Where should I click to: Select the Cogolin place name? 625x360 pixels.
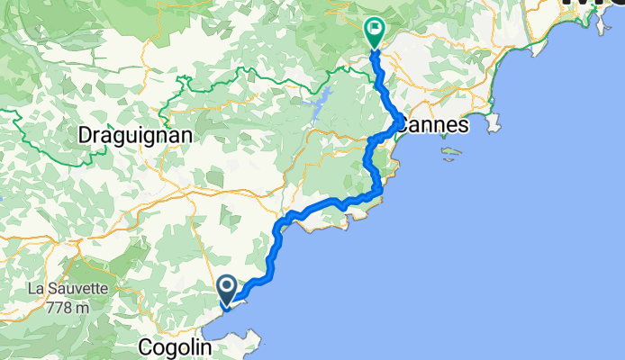coord(176,347)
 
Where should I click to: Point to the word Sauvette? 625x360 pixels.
coord(76,290)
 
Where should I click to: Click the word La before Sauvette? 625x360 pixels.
coord(36,290)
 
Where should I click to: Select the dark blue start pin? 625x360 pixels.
coord(225,290)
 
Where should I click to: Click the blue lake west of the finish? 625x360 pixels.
coord(316,107)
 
